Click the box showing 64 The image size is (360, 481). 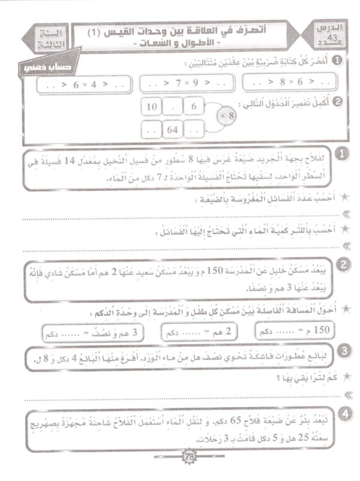(172, 129)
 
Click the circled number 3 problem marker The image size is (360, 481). (342, 351)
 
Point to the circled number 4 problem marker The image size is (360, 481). (342, 414)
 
